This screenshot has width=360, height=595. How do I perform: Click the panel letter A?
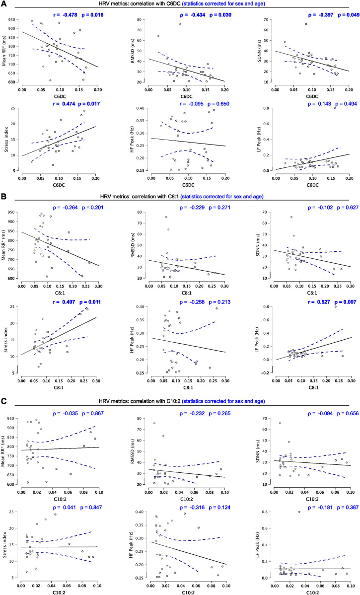3,3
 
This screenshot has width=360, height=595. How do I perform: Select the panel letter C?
3,401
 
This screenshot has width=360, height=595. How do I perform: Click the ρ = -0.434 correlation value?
193,15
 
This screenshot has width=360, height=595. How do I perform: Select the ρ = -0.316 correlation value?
193,508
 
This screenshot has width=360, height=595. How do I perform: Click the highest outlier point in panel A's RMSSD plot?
180,24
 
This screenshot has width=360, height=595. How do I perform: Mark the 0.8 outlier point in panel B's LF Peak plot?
335,306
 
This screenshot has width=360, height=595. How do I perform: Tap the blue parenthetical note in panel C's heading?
223,401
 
